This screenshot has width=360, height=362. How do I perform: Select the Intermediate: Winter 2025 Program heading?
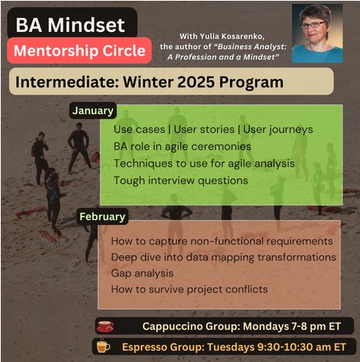146,84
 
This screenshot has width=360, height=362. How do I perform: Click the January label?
92,110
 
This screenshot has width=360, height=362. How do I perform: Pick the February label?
103,217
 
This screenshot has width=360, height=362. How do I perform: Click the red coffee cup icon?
105,325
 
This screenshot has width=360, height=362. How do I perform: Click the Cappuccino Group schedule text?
235,326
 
